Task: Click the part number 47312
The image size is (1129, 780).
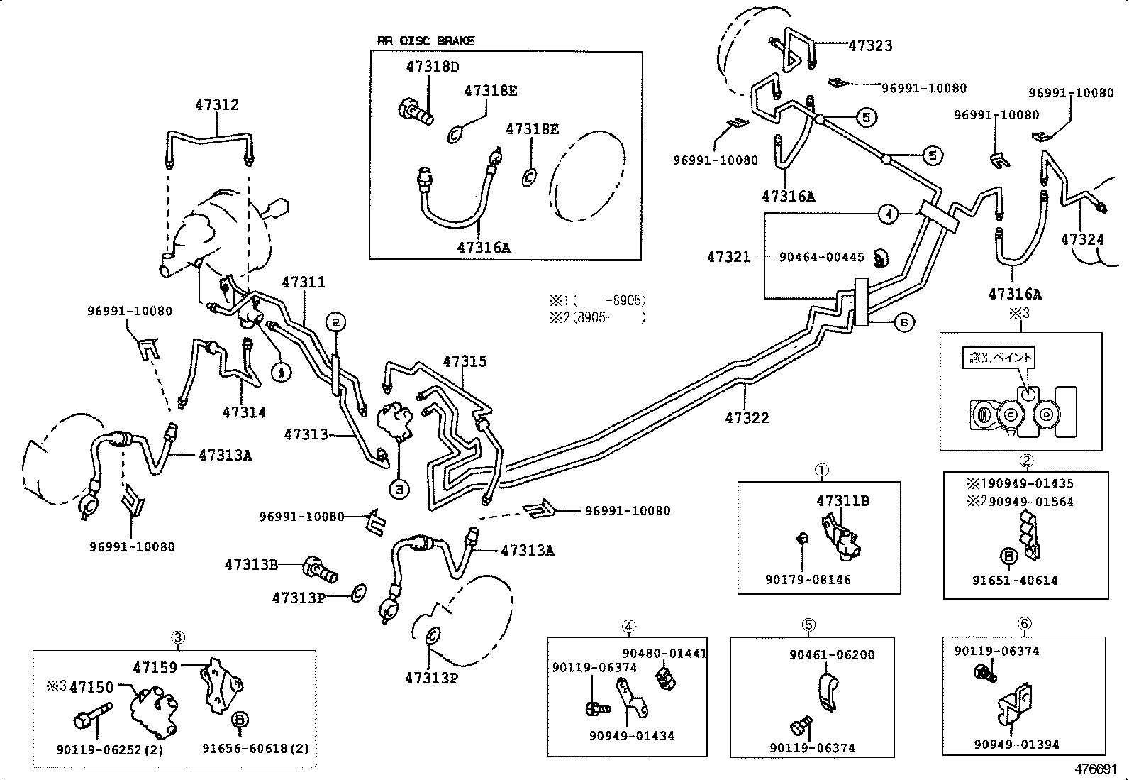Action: click(x=217, y=105)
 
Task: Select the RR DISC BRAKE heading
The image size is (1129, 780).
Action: click(x=426, y=41)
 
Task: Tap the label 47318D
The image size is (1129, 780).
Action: click(x=433, y=67)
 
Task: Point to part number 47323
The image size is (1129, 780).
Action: click(x=870, y=46)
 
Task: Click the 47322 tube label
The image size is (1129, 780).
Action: click(x=747, y=418)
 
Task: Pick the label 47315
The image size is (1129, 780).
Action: click(x=465, y=362)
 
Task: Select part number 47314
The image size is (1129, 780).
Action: click(x=244, y=412)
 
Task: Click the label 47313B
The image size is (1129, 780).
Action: click(x=251, y=565)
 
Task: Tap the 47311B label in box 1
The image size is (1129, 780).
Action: click(x=842, y=501)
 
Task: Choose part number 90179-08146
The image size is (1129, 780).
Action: click(x=808, y=580)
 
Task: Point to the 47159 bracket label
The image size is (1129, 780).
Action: click(x=155, y=667)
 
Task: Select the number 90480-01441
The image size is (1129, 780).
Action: click(x=664, y=654)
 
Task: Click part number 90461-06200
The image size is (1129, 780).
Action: click(x=832, y=655)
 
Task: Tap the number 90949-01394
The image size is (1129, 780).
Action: click(x=1016, y=745)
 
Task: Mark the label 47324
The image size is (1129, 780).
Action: click(x=1082, y=240)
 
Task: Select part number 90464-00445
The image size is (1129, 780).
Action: click(x=822, y=257)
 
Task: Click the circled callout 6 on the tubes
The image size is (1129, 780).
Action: click(x=902, y=323)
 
